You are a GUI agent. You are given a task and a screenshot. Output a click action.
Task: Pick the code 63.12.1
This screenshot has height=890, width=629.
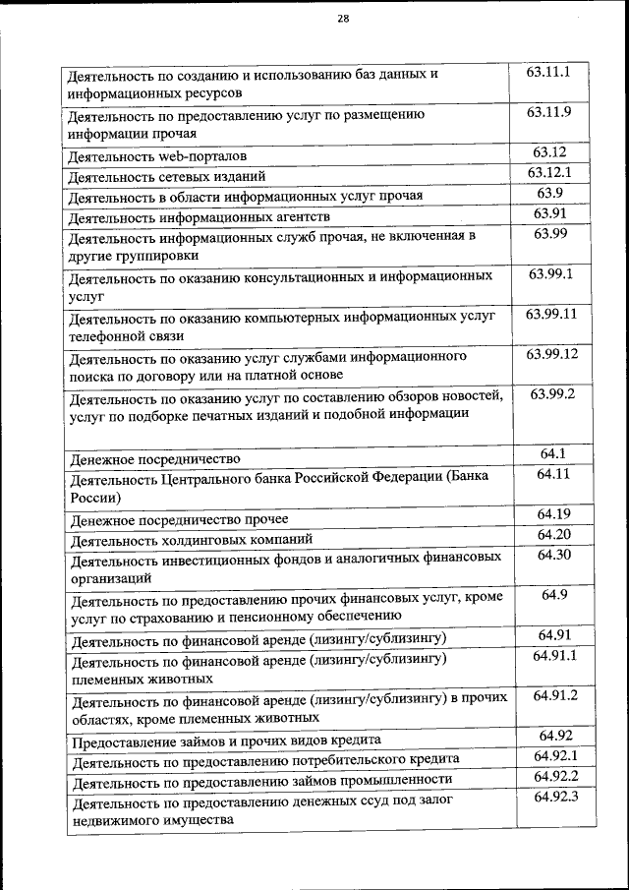[x=550, y=173]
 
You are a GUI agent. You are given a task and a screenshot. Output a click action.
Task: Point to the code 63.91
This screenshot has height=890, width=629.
[x=550, y=213]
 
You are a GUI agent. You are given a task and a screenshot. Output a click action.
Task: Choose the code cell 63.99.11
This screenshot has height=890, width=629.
[x=550, y=315]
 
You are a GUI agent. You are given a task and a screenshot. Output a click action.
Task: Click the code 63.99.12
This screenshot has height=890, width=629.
[x=551, y=353]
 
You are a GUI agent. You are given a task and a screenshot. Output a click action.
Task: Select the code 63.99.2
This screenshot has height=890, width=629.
[x=551, y=393]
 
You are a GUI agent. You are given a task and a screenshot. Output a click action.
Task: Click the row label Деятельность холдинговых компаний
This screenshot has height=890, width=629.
[x=191, y=539]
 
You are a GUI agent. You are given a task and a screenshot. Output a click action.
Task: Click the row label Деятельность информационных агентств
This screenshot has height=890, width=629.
[x=199, y=217]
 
